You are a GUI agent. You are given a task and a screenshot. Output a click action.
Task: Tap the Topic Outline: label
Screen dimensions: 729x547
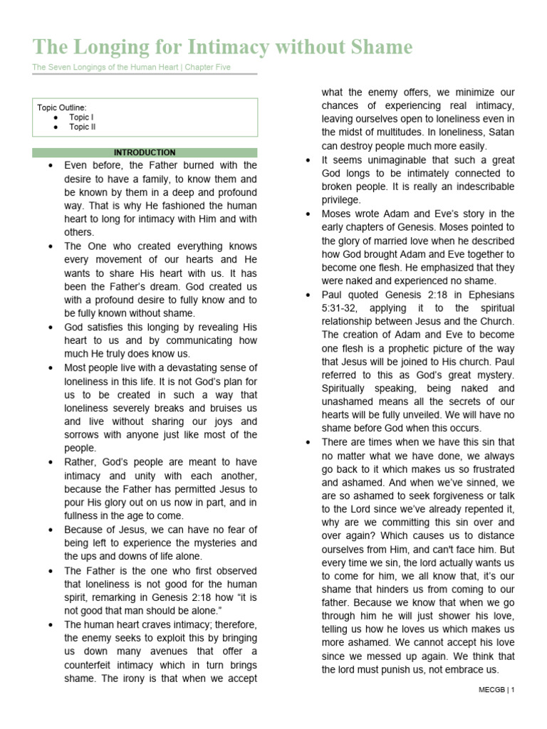(62, 107)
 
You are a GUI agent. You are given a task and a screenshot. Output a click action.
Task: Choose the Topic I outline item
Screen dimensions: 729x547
(81, 117)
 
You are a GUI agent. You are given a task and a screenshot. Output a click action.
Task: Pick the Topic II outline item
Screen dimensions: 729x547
(83, 127)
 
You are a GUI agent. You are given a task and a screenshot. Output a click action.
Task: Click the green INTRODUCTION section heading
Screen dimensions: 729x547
(145, 152)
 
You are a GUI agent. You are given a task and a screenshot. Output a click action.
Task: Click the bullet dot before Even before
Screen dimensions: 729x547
(49, 165)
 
